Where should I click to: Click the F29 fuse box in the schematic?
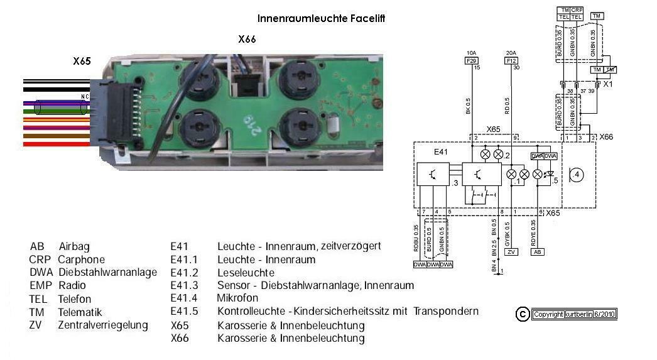coord(470,61)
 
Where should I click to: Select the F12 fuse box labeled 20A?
coord(511,61)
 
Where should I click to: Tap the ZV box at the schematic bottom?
coord(511,251)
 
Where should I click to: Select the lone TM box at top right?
coord(597,16)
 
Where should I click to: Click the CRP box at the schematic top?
coord(577,10)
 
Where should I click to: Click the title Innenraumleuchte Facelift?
coord(321,19)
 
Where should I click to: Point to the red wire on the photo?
coord(57,144)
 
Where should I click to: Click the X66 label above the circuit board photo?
coord(247,39)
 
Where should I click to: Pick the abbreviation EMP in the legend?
coord(41,286)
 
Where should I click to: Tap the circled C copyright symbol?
coord(522,314)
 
